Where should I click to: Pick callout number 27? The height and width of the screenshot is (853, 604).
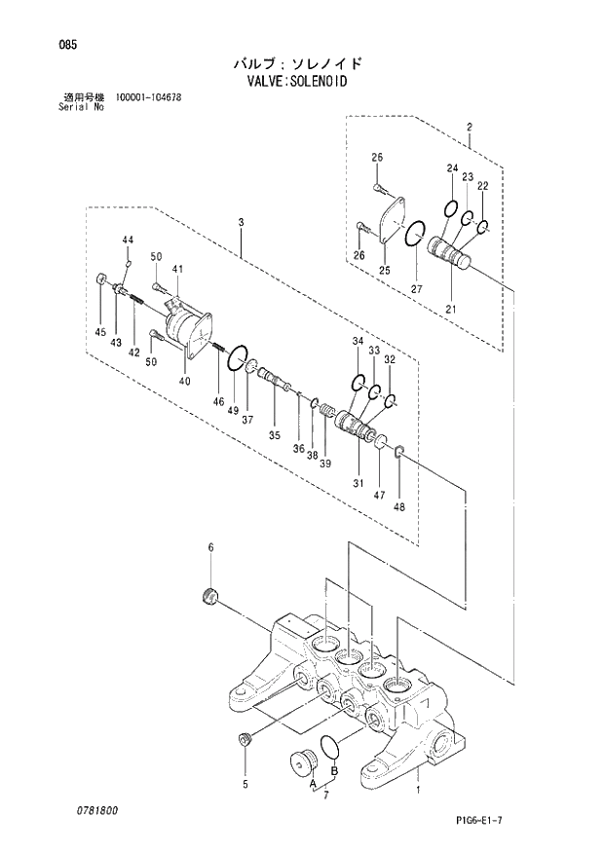(x=416, y=289)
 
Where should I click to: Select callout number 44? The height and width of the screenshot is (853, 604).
(x=128, y=240)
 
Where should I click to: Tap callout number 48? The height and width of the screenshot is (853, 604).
(x=398, y=505)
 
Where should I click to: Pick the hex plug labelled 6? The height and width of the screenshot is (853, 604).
(x=207, y=596)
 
